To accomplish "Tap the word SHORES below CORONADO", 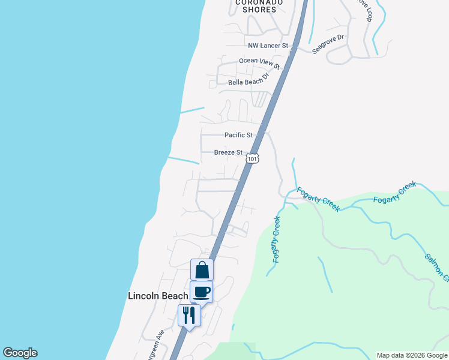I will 259,10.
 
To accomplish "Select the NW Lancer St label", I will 268,46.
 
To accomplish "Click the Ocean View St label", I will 259,61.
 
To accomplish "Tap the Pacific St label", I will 239,136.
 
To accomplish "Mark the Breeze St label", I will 228,153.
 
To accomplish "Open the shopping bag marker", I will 202,269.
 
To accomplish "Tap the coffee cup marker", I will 202,292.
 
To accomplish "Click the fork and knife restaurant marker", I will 189,315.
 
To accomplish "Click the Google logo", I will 20,353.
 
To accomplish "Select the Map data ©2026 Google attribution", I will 411,355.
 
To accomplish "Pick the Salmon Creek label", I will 437,267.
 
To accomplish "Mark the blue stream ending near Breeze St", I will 183,160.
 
